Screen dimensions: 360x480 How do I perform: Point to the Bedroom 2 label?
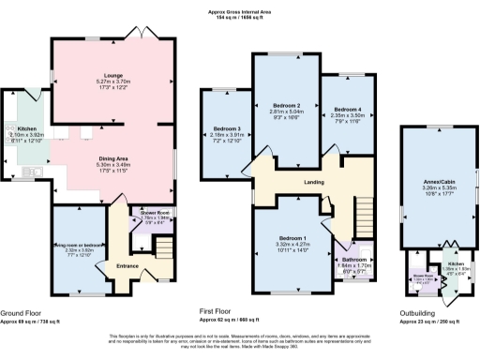pos(286,105)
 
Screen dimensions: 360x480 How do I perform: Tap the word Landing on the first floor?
pos(314,181)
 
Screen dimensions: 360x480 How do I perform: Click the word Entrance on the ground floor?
pos(127,265)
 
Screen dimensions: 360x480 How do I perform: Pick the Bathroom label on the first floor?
pos(353,258)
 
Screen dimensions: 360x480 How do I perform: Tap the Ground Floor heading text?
pos(21,312)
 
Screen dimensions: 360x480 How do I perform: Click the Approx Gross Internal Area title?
pos(240,11)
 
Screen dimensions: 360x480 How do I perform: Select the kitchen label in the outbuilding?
pos(454,265)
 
